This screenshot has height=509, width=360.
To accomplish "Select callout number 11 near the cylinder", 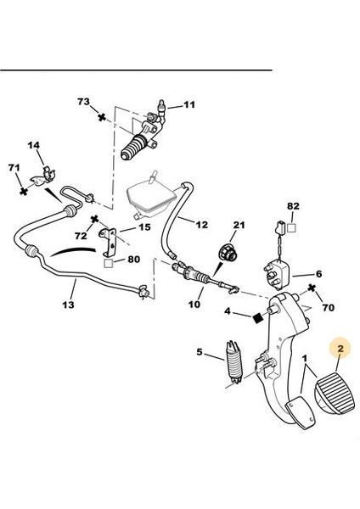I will click(188, 104).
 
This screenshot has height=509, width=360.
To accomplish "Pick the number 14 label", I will click(34, 146).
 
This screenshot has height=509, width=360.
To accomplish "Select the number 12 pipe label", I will click(201, 225).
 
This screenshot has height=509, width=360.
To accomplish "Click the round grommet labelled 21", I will click(228, 252).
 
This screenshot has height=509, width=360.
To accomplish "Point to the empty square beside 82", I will click(291, 228).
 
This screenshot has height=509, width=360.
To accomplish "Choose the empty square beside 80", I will click(108, 262).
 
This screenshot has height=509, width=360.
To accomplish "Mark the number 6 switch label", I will click(319, 273).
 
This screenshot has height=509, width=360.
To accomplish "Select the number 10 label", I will click(194, 303).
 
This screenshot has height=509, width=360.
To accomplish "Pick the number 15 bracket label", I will click(143, 227).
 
